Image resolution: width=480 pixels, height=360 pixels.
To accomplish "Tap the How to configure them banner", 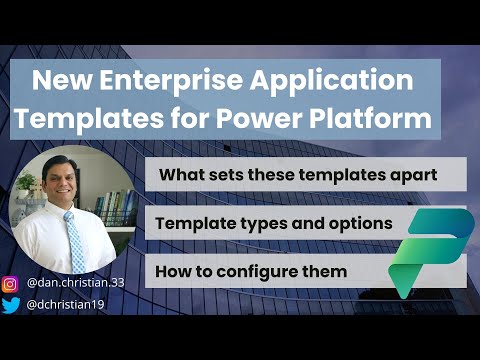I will [x=246, y=271].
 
